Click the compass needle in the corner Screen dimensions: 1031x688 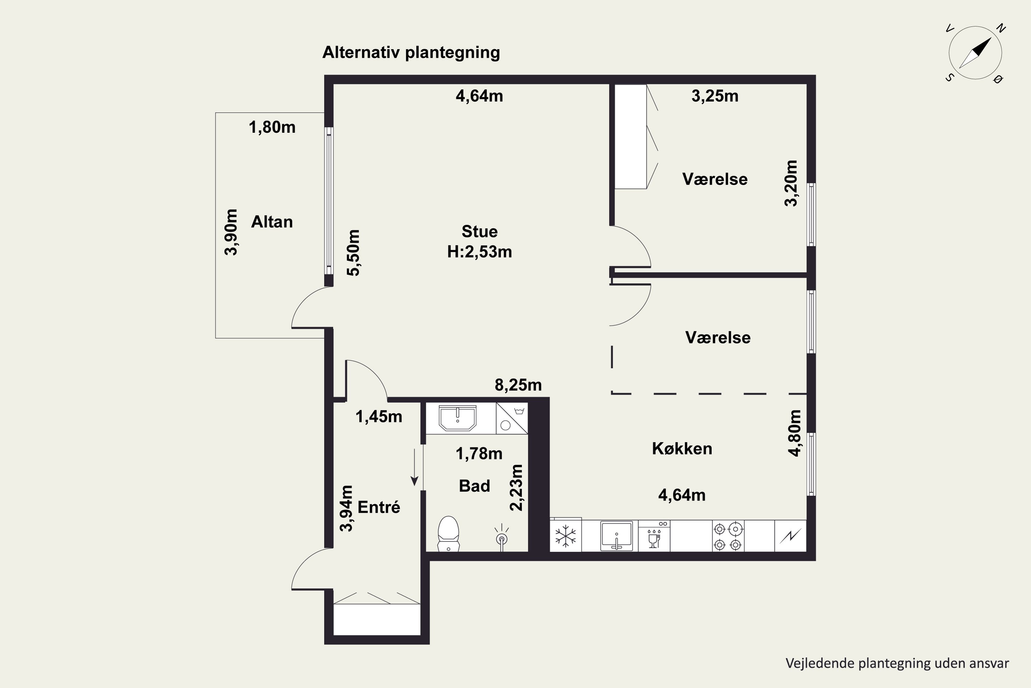[x=975, y=53]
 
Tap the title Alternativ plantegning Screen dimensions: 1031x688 [x=411, y=52]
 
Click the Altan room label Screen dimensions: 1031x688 [x=272, y=222]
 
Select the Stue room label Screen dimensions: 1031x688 [x=479, y=231]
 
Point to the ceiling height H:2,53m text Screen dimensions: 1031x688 [x=479, y=252]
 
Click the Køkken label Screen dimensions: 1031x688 [x=682, y=449]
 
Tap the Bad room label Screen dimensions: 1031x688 [x=474, y=486]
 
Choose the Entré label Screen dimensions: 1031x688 [x=379, y=507]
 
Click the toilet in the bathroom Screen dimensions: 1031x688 [x=448, y=534]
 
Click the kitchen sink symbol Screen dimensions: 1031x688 [x=616, y=536]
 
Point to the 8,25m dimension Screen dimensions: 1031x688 [x=518, y=385]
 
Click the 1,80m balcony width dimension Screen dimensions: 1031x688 [x=272, y=127]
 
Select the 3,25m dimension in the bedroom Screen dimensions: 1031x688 [x=715, y=96]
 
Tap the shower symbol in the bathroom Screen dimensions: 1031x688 [x=501, y=537]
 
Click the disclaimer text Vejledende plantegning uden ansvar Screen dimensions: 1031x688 [x=897, y=663]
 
